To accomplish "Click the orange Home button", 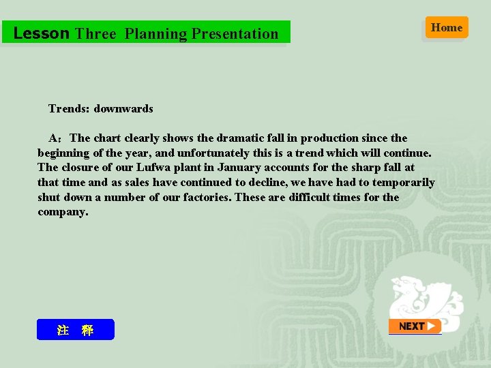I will (x=447, y=28).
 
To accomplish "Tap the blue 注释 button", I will (x=75, y=330).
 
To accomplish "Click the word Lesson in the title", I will (x=41, y=33).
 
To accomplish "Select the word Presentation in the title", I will (x=235, y=33).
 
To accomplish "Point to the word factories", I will (x=207, y=198).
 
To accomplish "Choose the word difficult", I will (x=318, y=198).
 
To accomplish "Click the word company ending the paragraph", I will (x=61, y=212).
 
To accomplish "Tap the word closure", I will (x=81, y=168).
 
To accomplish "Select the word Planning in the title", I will (x=155, y=33).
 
